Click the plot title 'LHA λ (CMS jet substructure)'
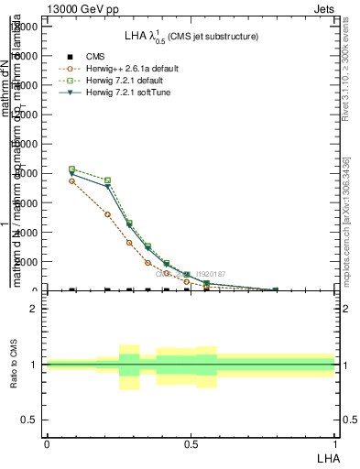point(191,36)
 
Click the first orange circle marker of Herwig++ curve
point(72,181)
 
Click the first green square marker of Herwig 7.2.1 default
point(72,169)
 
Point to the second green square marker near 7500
point(108,180)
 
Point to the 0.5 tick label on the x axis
point(190,444)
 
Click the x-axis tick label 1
point(334,444)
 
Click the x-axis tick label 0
point(46,444)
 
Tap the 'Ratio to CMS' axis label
point(14,365)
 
